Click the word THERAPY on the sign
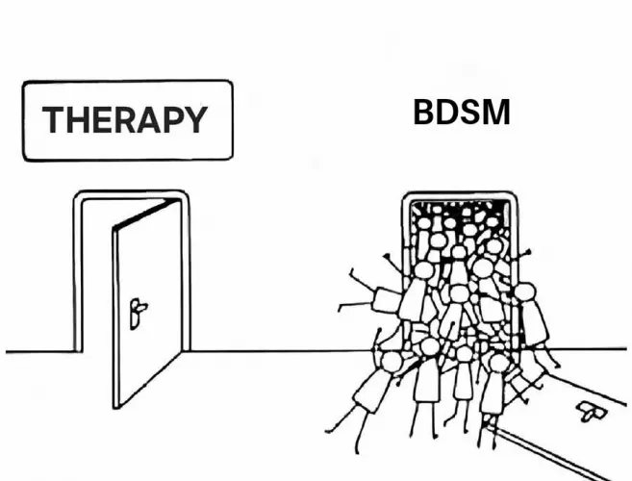[x=125, y=120]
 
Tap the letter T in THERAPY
[x=53, y=120]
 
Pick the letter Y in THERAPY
[x=193, y=120]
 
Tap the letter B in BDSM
[x=424, y=114]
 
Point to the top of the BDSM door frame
[x=458, y=194]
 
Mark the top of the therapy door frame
[x=130, y=194]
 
